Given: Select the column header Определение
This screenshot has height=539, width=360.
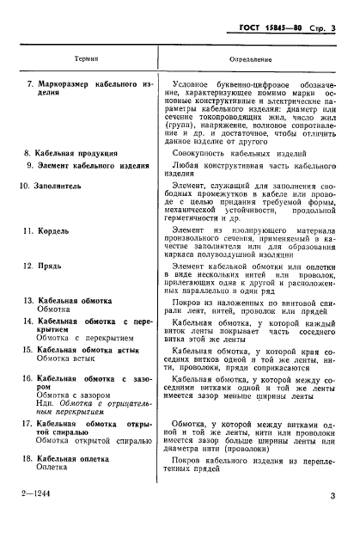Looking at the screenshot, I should (x=251, y=59).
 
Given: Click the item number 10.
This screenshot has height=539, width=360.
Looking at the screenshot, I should (x=26, y=184).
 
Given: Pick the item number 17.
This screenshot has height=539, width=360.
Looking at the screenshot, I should (x=26, y=423).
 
